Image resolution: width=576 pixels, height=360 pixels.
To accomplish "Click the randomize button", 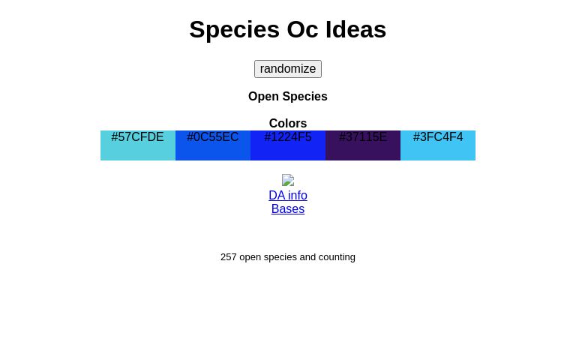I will [288, 69].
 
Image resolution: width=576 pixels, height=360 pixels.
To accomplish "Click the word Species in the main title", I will [234, 29].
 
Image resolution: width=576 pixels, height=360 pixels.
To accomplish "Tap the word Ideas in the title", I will [355, 29].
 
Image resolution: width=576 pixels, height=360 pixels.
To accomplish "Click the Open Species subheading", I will [288, 96].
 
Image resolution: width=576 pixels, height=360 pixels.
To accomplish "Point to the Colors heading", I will [288, 123].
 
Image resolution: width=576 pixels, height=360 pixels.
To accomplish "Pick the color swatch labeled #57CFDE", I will [138, 151].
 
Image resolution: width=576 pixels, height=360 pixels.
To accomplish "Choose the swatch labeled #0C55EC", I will [213, 151].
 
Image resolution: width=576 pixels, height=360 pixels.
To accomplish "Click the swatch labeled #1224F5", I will [288, 151].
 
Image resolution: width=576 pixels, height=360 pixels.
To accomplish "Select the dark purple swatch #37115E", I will [363, 151].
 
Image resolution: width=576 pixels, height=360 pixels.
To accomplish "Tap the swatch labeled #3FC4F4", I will [438, 151].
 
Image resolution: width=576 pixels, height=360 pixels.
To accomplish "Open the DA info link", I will [288, 195].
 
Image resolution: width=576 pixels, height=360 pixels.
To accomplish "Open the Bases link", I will [288, 208].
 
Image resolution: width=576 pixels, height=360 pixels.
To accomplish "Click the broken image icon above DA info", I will [288, 180].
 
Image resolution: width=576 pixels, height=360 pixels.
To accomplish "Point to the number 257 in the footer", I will [228, 256].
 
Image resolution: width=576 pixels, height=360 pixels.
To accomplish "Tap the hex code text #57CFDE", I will [138, 136].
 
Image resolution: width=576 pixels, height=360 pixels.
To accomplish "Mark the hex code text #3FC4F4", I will [438, 136].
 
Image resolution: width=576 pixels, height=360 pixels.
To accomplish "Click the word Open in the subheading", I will [263, 96].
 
